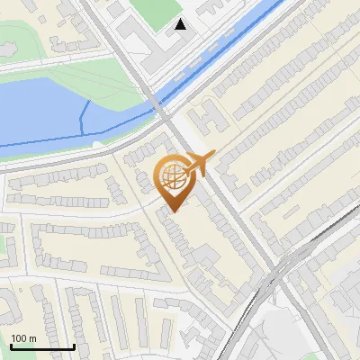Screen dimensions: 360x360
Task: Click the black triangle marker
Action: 182,24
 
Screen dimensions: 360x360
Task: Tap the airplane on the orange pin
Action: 199,165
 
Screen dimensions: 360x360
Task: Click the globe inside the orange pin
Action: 173,176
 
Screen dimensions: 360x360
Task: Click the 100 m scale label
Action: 23,337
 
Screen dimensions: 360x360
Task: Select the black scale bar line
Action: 41,347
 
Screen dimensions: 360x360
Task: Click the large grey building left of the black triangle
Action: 139,40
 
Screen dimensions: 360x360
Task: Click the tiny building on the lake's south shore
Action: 98,143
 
